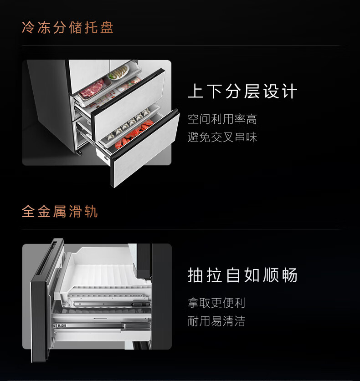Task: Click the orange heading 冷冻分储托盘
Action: pyautogui.click(x=67, y=27)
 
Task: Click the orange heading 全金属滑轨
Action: pyautogui.click(x=60, y=211)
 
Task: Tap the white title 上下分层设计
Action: pyautogui.click(x=242, y=91)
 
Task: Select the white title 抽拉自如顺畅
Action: pyautogui.click(x=242, y=275)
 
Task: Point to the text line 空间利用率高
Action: pyautogui.click(x=222, y=119)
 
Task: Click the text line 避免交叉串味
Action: pyautogui.click(x=222, y=137)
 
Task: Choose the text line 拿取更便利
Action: pyautogui.click(x=216, y=303)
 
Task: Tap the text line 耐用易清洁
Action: pyautogui.click(x=216, y=321)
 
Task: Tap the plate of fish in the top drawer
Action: pyautogui.click(x=118, y=72)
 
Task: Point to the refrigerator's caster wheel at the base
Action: pyautogui.click(x=80, y=152)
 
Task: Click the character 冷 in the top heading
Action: pyautogui.click(x=28, y=27)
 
